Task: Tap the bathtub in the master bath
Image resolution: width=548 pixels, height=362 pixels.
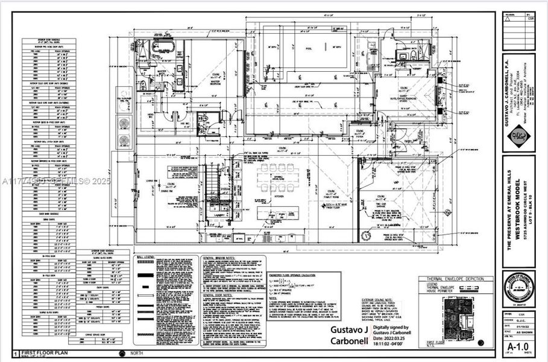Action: tap(162, 48)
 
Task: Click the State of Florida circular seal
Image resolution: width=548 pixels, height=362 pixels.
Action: tap(517, 287)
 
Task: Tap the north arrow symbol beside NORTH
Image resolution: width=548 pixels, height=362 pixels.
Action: tap(123, 354)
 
